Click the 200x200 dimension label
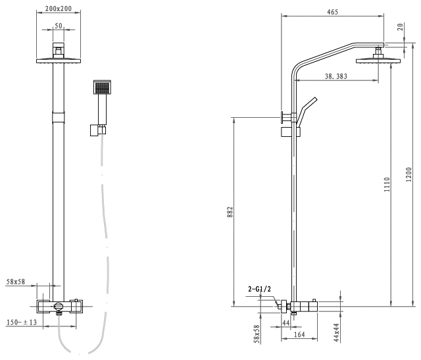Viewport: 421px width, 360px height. click(x=59, y=9)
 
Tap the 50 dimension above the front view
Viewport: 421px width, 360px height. click(x=59, y=26)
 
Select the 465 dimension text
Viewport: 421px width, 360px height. click(x=332, y=12)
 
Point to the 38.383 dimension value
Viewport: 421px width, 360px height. click(x=336, y=76)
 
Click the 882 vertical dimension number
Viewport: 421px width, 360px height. click(x=230, y=212)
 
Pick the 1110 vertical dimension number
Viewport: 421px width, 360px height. click(x=387, y=184)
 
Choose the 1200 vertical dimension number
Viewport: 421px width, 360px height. click(x=409, y=174)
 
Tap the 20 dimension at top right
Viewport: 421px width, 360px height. click(x=400, y=27)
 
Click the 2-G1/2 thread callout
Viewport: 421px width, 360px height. click(x=259, y=289)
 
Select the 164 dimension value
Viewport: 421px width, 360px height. click(x=299, y=334)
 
